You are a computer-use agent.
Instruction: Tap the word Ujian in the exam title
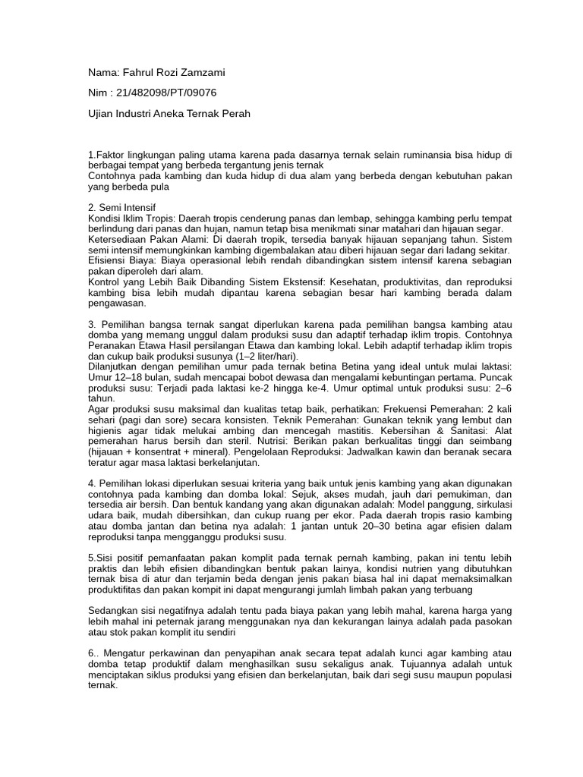pos(102,114)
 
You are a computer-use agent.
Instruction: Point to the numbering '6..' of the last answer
pos(93,653)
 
